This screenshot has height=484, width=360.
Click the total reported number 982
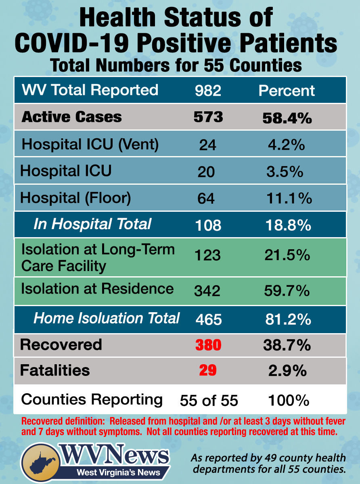208,90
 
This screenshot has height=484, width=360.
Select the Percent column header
287,90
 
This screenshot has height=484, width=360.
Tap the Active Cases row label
71,117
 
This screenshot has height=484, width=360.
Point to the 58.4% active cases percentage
287,117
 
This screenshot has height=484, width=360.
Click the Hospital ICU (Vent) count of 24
207,145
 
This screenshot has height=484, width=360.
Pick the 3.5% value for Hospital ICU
285,171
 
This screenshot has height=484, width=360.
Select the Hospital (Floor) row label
76,198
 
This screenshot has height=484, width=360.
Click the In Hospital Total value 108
208,225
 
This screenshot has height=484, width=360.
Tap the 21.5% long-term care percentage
288,255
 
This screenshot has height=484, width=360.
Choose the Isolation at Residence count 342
207,290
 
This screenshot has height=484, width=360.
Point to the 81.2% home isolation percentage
288,319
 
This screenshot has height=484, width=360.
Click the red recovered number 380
208,345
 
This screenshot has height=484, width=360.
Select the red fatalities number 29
207,371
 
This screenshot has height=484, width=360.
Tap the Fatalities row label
55,370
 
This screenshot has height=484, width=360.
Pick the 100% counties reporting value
289,401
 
